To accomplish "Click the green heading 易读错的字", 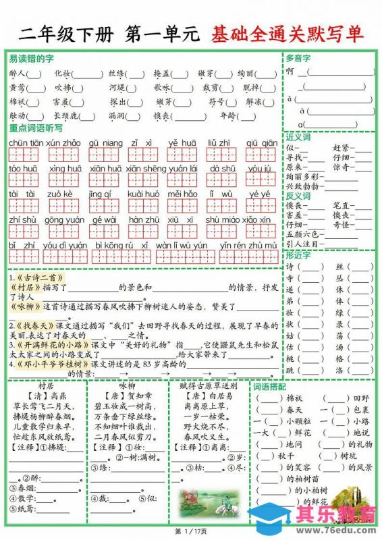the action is tap(32, 59).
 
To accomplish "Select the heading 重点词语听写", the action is tap(36, 128).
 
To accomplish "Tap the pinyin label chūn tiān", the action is tap(26, 142).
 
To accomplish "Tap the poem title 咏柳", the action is tap(128, 386).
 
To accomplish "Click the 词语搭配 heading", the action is tap(269, 387).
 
